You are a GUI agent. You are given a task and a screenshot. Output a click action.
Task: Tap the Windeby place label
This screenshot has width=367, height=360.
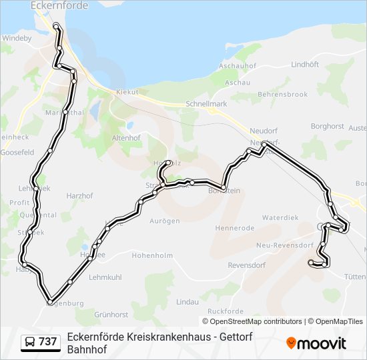coord(17,39)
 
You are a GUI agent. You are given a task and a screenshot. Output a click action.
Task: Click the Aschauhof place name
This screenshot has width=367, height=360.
coord(238,67)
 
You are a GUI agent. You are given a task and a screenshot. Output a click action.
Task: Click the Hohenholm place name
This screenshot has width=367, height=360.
coord(153,255)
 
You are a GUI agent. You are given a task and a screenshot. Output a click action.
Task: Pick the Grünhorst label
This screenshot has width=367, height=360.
coord(111,314)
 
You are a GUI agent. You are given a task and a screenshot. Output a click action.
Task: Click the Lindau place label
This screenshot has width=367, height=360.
coord(188,302)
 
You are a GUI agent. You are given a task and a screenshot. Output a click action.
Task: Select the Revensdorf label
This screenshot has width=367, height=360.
coord(248,265)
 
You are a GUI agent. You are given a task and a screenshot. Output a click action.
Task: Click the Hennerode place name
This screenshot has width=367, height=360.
coord(236,228)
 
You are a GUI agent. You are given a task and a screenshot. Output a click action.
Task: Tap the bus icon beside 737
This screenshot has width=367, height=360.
coord(29,342)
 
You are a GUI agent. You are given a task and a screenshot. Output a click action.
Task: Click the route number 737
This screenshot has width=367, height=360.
coord(48,342)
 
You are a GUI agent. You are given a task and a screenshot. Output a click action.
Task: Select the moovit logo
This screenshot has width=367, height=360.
coord(316,343)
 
